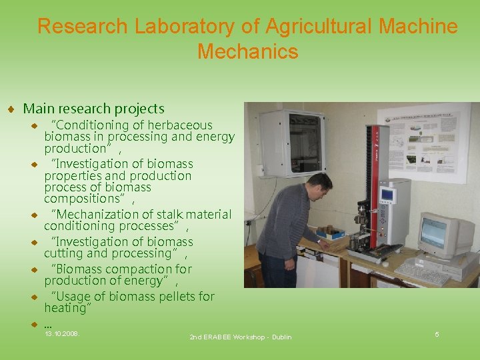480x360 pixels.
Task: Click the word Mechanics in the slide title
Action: (247, 51)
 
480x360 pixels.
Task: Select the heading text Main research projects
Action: (93, 109)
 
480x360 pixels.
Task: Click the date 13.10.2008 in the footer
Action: (61, 333)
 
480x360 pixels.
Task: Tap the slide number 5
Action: (437, 334)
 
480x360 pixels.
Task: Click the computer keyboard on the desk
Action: (423, 271)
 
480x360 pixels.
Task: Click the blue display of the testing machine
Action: (387, 195)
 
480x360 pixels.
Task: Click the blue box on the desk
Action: (331, 233)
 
